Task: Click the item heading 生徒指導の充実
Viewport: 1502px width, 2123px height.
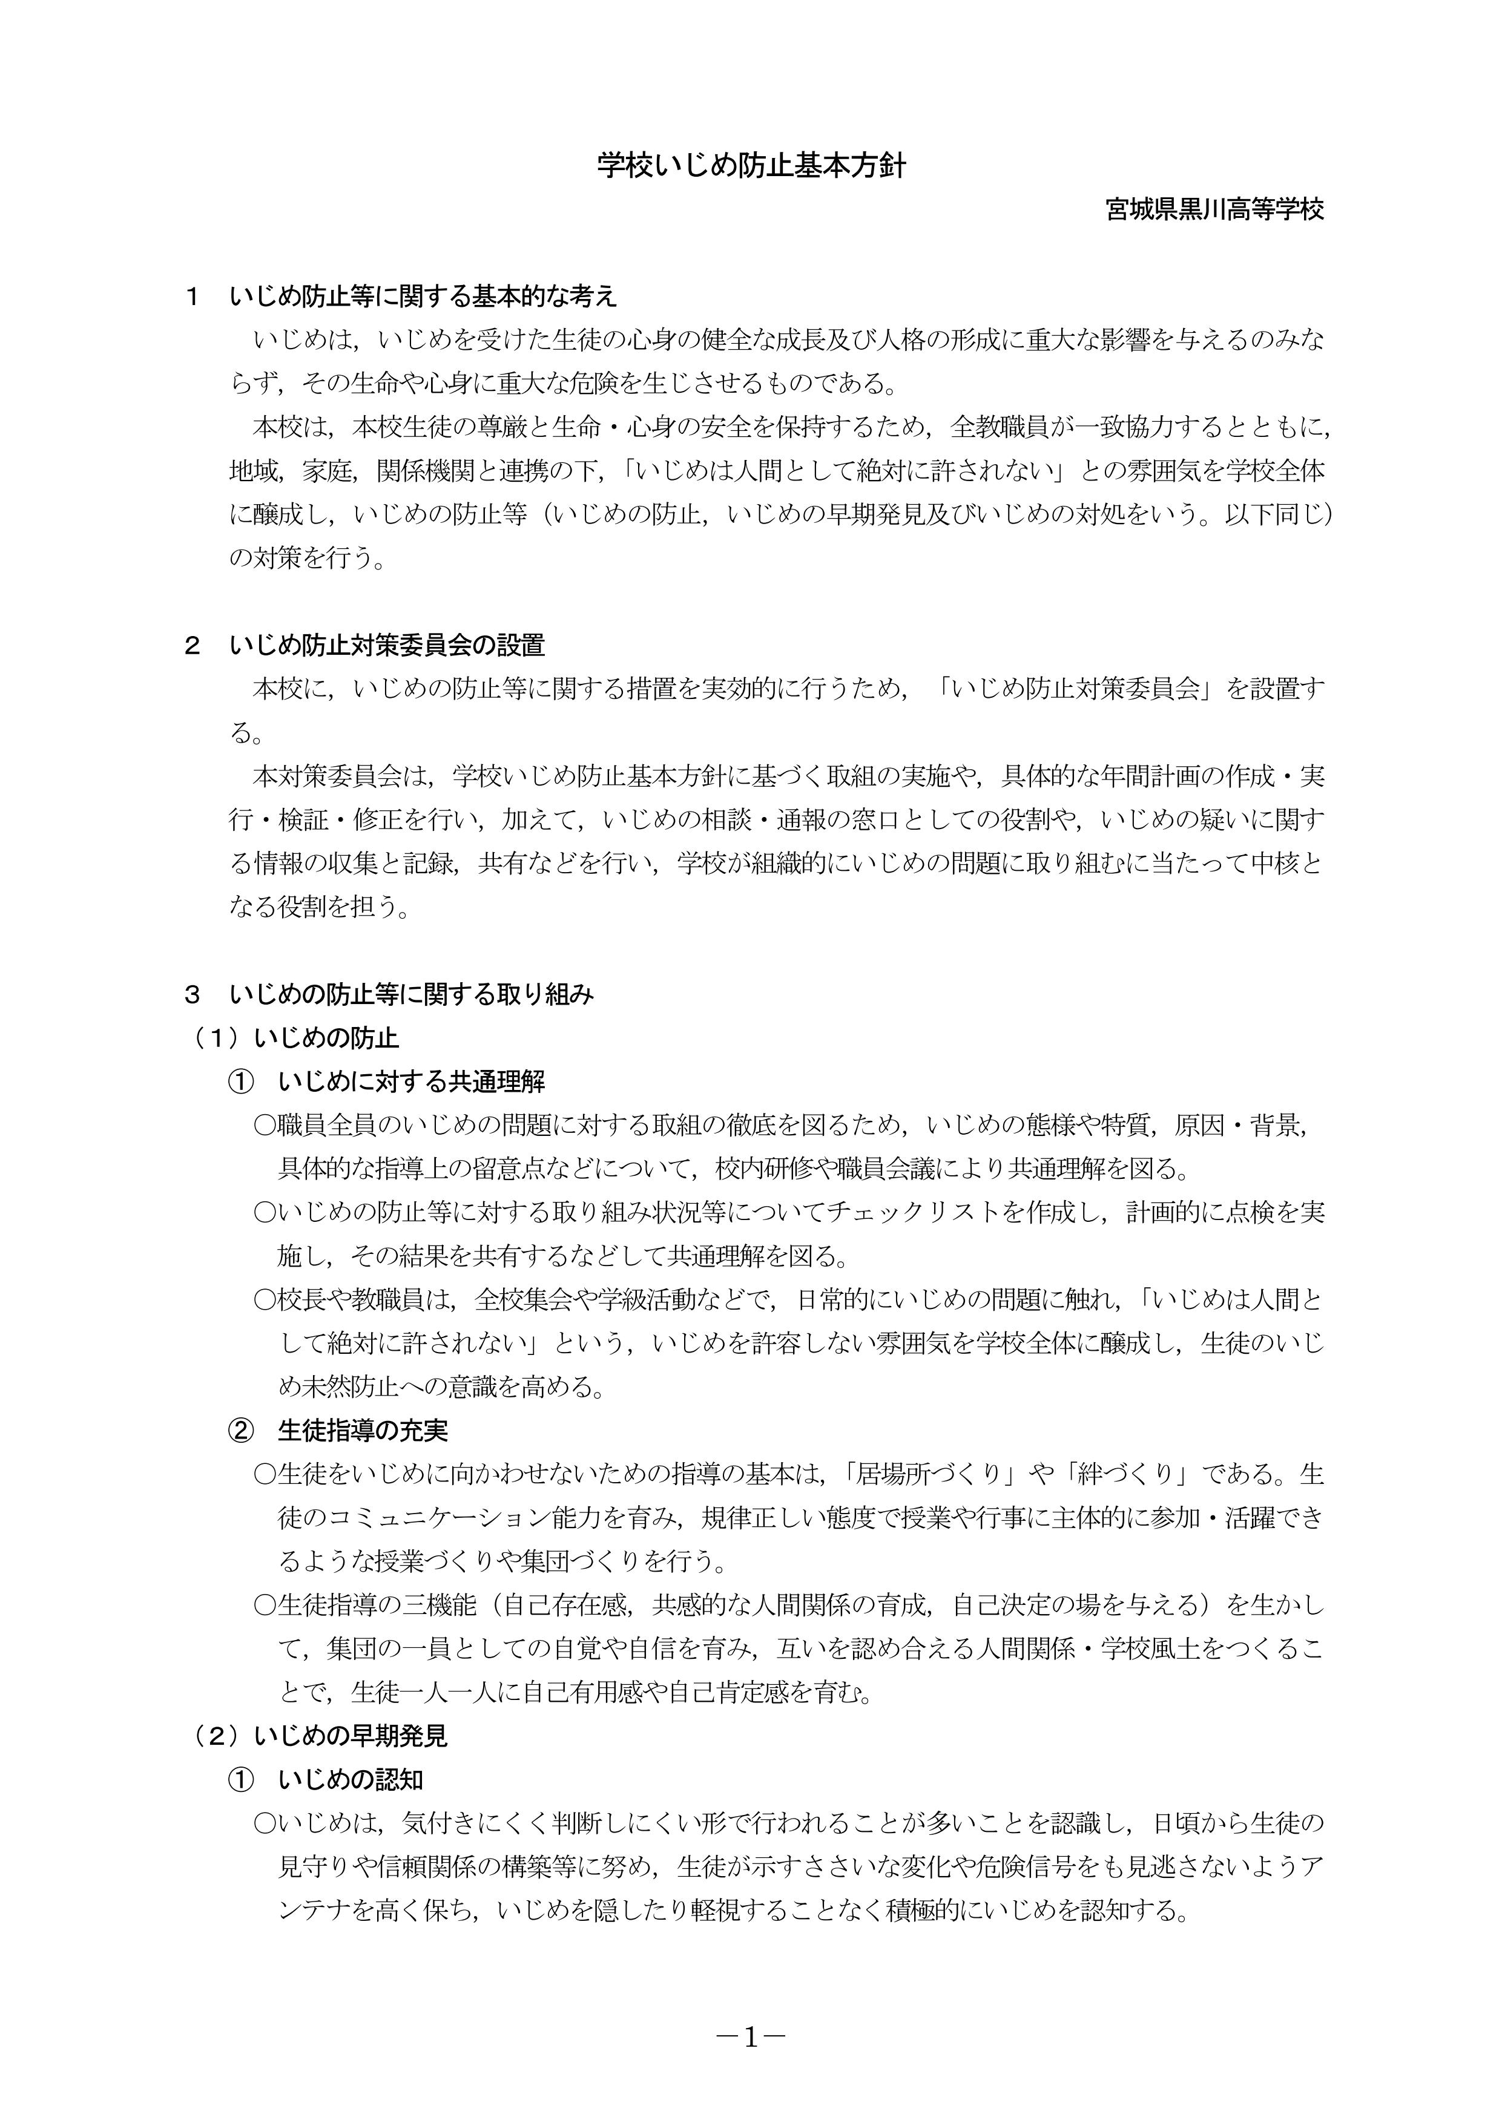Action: pyautogui.click(x=363, y=1431)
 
